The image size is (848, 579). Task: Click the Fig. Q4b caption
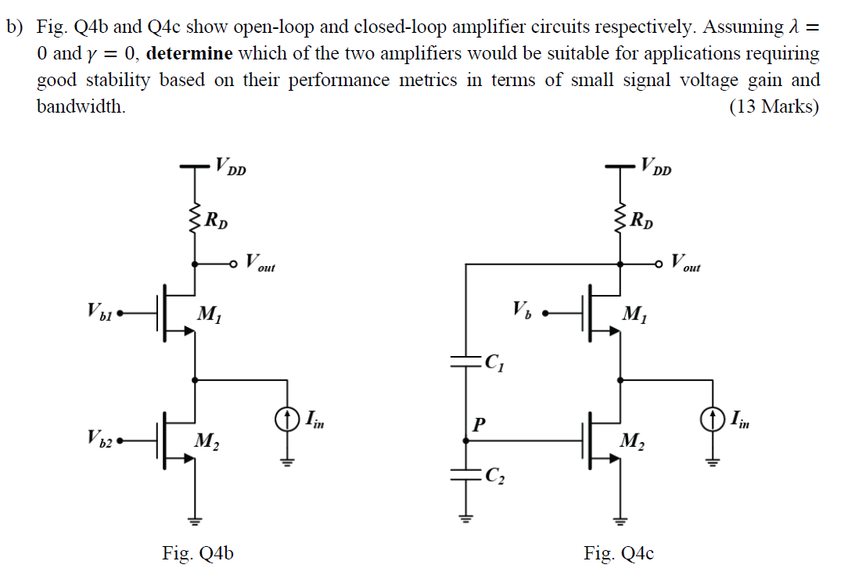pyautogui.click(x=197, y=554)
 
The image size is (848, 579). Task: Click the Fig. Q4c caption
pyautogui.click(x=619, y=554)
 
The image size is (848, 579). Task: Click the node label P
pyautogui.click(x=478, y=425)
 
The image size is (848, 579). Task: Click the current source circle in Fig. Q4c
pyautogui.click(x=713, y=419)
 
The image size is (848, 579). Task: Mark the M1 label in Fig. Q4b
pyautogui.click(x=209, y=315)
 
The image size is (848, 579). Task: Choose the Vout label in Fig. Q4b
pyautogui.click(x=259, y=263)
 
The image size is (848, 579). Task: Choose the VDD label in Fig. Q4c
pyautogui.click(x=656, y=167)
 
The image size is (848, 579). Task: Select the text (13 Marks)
pyautogui.click(x=774, y=106)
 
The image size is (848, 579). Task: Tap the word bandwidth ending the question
pyautogui.click(x=81, y=106)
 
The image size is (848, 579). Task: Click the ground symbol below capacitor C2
pyautogui.click(x=466, y=517)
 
